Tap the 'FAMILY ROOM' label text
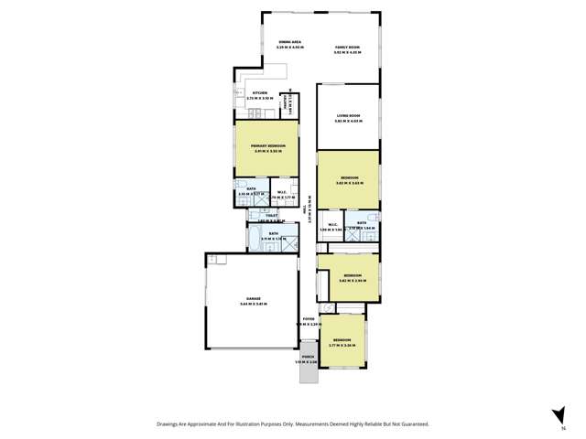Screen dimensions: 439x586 [x=347, y=47]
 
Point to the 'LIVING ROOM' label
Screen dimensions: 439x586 [x=347, y=115]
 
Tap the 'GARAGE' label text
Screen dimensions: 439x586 [x=252, y=298]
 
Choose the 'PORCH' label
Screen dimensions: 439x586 [x=308, y=358]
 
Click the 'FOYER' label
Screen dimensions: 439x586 [x=308, y=319]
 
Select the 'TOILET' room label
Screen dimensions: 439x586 [x=271, y=216]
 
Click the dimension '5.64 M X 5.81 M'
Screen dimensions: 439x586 [x=252, y=304]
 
